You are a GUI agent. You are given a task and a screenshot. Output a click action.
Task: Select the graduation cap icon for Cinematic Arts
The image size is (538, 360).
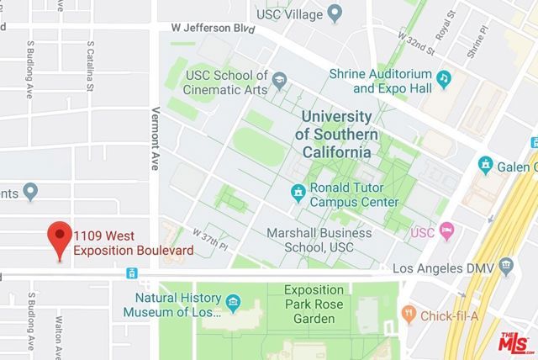pos(276,83)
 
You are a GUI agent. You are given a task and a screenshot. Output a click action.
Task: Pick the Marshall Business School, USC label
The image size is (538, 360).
pos(318,240)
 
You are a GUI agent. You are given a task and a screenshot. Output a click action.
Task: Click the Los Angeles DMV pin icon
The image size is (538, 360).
pos(505,267)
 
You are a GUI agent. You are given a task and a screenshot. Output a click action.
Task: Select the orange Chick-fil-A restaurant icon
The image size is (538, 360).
pos(409,314)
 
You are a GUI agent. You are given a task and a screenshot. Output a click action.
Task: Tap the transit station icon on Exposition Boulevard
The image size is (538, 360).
pos(131,273)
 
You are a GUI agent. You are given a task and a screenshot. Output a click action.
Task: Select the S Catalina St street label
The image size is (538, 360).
pos(88,68)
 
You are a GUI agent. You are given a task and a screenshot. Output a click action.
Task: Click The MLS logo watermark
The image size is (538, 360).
pos(515,341)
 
